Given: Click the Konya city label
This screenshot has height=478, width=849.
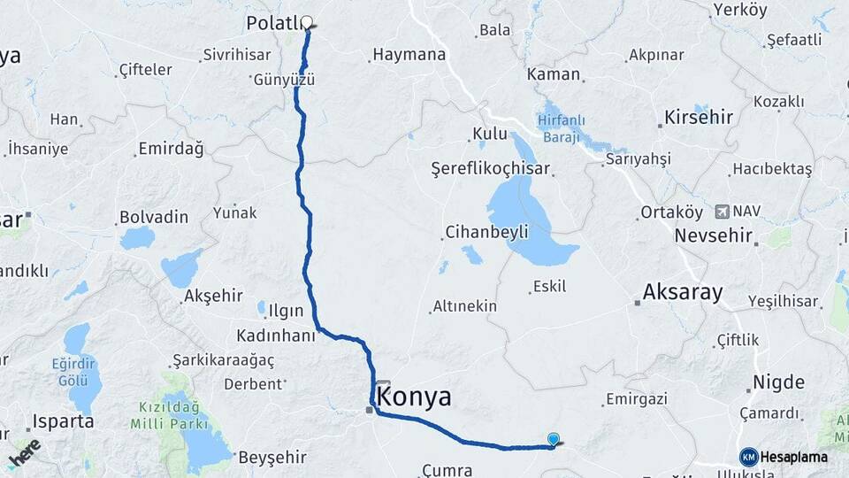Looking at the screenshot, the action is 415,397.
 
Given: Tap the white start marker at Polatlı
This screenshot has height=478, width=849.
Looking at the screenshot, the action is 308,23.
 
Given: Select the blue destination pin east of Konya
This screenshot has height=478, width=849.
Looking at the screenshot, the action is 554,438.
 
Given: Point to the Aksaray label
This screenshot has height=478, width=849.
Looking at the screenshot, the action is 683,291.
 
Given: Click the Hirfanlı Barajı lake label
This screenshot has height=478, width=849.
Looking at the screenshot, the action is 558,128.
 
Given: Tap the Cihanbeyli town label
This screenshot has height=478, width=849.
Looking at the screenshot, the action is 486,232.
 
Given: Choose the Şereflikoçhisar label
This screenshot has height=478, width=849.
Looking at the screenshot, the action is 490,168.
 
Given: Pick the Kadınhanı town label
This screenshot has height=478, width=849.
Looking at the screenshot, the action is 276,335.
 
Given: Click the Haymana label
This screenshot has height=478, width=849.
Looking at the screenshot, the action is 409,55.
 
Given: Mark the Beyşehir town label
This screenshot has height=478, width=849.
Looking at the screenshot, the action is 272,457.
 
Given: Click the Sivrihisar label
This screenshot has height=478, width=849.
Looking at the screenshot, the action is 236,54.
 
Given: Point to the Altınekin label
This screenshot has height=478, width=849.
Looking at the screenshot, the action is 464,306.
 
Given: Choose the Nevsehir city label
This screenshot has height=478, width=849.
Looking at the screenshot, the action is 713,236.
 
